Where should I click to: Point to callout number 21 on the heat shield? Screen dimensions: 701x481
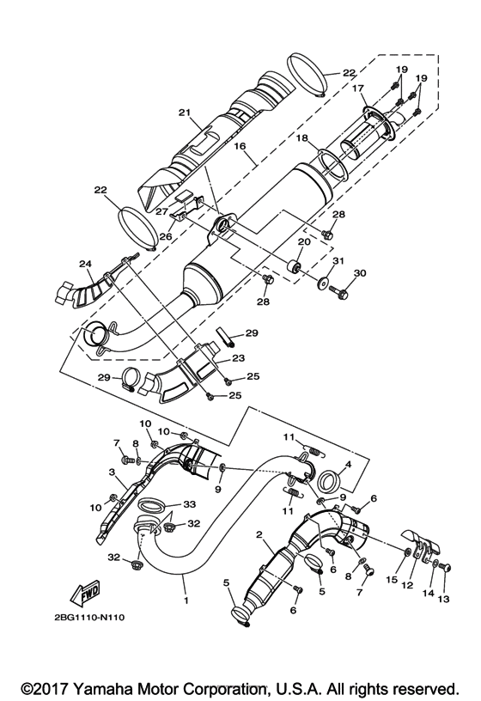(x=183, y=113)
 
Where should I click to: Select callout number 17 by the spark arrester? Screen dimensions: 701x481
(x=356, y=88)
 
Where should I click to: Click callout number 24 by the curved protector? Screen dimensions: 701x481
(x=85, y=264)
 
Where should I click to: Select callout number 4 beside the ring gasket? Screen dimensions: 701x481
(x=347, y=466)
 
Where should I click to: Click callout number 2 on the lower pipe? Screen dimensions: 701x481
(x=259, y=535)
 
